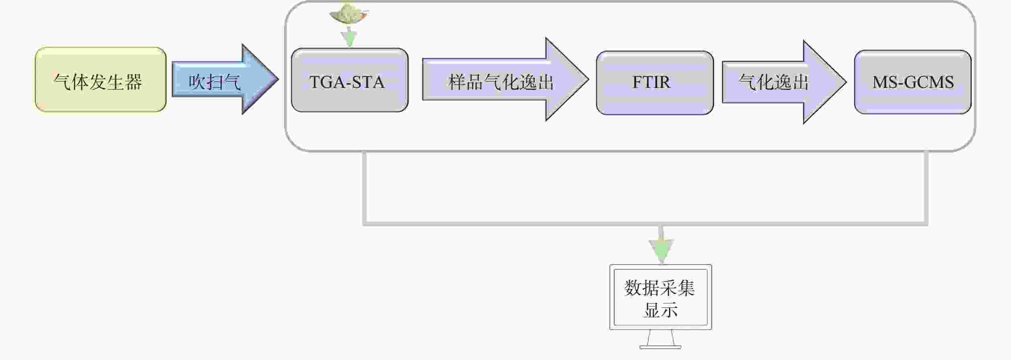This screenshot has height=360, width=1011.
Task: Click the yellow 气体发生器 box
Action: pos(100,79)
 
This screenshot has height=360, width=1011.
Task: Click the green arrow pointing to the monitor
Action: pos(661,249)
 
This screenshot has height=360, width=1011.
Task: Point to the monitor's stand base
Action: pos(660,347)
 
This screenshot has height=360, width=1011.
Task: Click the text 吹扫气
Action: pos(214,82)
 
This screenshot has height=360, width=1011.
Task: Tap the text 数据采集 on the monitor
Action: pos(659,288)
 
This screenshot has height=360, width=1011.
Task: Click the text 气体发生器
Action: pos(98,82)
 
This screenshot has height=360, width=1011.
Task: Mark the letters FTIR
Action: pos(651,82)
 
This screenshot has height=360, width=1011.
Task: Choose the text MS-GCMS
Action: pos(913,82)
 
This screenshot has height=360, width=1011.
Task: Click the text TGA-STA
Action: pos(347,82)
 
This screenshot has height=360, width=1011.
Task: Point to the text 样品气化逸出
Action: pos(501,82)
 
